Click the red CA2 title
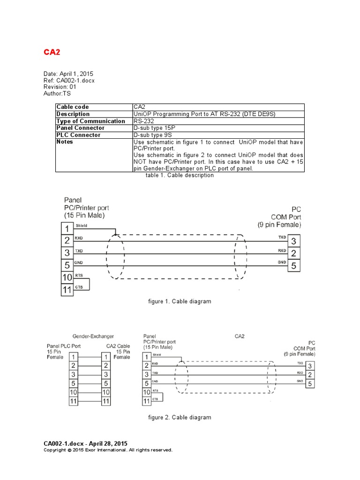tap(52, 52)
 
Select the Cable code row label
tap(73, 107)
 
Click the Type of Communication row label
tap(90, 121)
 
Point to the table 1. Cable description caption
tap(180, 175)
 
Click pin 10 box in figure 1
tap(67, 277)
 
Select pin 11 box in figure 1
tap(67, 290)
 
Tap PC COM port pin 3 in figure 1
tap(293, 241)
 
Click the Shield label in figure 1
tap(81, 226)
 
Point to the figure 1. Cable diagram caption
tap(180, 301)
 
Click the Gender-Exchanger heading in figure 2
tap(93, 337)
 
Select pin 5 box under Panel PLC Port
tap(73, 383)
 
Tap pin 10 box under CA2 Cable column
tap(106, 392)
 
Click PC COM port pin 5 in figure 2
tap(310, 383)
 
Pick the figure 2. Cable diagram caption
tap(180, 417)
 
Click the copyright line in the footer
tap(108, 450)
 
